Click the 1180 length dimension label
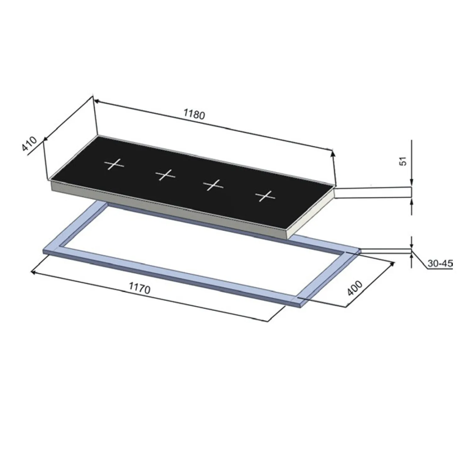pyautogui.click(x=194, y=115)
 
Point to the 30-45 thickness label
pyautogui.click(x=440, y=263)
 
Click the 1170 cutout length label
pyautogui.click(x=140, y=288)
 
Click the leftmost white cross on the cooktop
pyautogui.click(x=114, y=164)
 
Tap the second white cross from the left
pyautogui.click(x=165, y=175)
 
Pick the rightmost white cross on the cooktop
pyautogui.click(x=265, y=196)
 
